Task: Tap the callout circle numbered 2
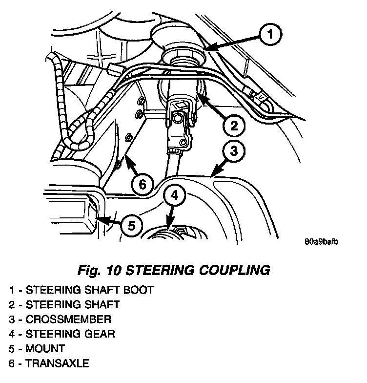(x=234, y=126)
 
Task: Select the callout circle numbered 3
(x=234, y=151)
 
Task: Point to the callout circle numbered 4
(x=175, y=196)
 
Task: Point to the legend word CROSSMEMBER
(x=68, y=319)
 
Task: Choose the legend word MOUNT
(x=45, y=349)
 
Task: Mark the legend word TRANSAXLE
(x=58, y=363)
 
